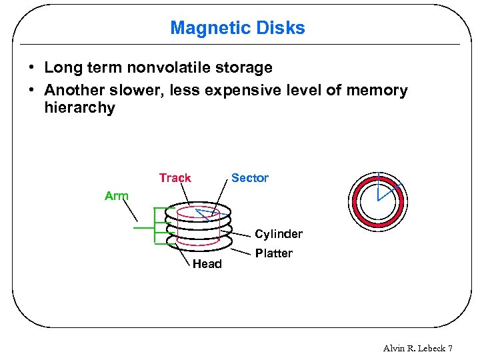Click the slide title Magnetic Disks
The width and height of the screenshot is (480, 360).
[237, 28]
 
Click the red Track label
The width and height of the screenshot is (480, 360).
[175, 178]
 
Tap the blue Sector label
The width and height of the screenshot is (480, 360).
[249, 178]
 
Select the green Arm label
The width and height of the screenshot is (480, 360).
[117, 196]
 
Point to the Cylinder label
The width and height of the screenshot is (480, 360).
[279, 234]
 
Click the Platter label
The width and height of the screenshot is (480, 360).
[273, 253]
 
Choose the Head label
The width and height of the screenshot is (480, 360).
[207, 264]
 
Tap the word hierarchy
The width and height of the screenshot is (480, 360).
[79, 108]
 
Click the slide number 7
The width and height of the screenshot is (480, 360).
[451, 349]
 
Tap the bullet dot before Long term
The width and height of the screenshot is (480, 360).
[32, 68]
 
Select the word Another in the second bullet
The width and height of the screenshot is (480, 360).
[72, 91]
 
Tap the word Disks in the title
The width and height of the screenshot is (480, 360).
[283, 28]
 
